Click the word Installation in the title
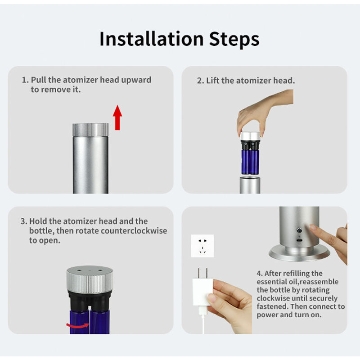coord(152,39)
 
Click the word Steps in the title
coord(234,40)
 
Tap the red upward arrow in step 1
coord(117,117)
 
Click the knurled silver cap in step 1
coord(90,130)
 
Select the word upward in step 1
coord(136,80)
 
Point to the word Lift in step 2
coord(213,81)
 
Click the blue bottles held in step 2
coord(250,162)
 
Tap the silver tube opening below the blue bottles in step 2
coord(250,185)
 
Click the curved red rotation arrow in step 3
coord(77,325)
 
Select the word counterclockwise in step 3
coord(134,231)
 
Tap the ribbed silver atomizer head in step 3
coord(90,280)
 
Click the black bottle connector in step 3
coord(90,301)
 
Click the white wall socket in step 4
coord(202,246)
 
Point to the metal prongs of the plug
coord(202,273)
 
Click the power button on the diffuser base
coord(299,230)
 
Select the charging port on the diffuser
coord(300,240)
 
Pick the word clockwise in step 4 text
coord(274,298)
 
